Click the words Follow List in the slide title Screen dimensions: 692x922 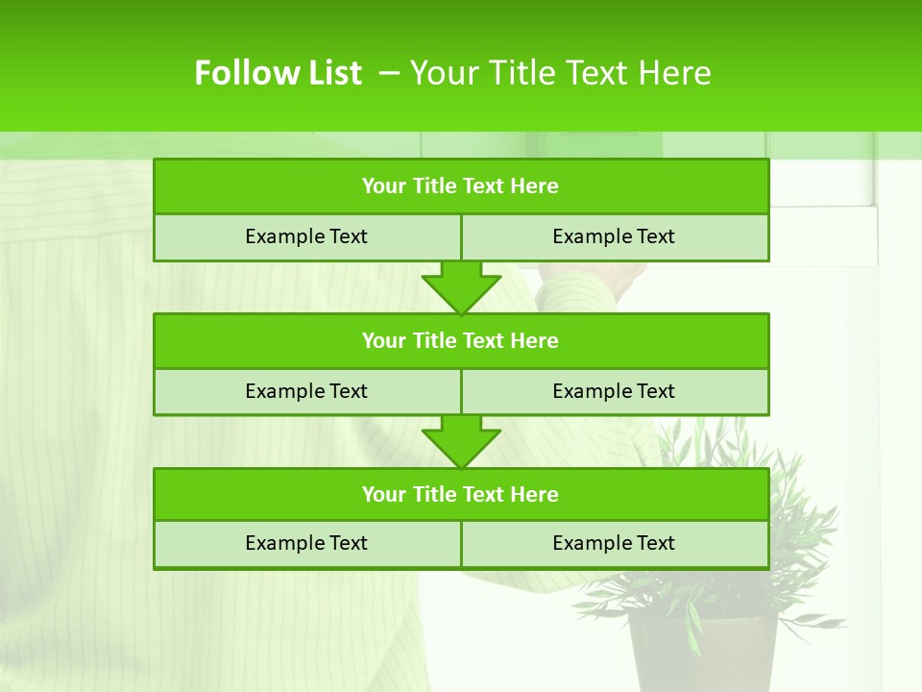click(x=278, y=73)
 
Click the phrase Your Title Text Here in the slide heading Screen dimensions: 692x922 click(x=561, y=73)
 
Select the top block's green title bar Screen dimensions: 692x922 click(x=461, y=186)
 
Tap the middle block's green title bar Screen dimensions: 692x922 click(x=461, y=340)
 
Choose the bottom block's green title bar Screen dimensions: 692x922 click(x=461, y=494)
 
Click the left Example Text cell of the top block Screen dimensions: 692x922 click(x=306, y=236)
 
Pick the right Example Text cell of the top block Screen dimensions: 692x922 click(x=614, y=236)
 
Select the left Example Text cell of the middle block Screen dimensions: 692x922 click(x=306, y=391)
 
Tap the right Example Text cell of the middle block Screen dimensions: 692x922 click(x=614, y=391)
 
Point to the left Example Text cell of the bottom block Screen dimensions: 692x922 click(x=306, y=543)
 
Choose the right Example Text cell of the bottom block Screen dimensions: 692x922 click(x=614, y=543)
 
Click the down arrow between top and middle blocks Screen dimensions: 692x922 click(x=461, y=286)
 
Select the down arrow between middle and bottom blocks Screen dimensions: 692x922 click(x=461, y=440)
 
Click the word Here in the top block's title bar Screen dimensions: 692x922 click(x=535, y=186)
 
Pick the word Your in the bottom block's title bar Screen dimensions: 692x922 click(x=384, y=494)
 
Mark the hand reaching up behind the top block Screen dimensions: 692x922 click(x=595, y=276)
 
